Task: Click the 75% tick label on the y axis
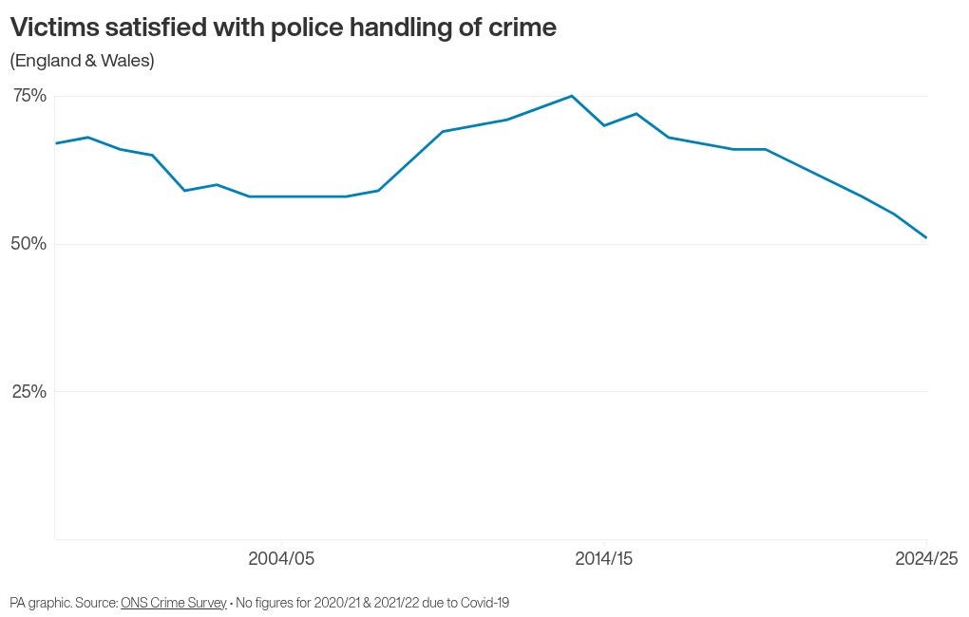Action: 29,96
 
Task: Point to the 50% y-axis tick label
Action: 29,244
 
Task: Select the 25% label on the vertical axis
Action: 29,392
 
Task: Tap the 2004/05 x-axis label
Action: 281,559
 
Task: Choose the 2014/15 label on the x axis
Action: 604,559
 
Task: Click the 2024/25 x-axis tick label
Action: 926,559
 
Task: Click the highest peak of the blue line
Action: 571,96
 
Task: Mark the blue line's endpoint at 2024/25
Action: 926,237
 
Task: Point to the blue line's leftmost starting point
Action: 56,143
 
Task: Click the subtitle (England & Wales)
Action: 82,61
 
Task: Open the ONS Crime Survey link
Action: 174,603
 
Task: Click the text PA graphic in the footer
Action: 40,603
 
